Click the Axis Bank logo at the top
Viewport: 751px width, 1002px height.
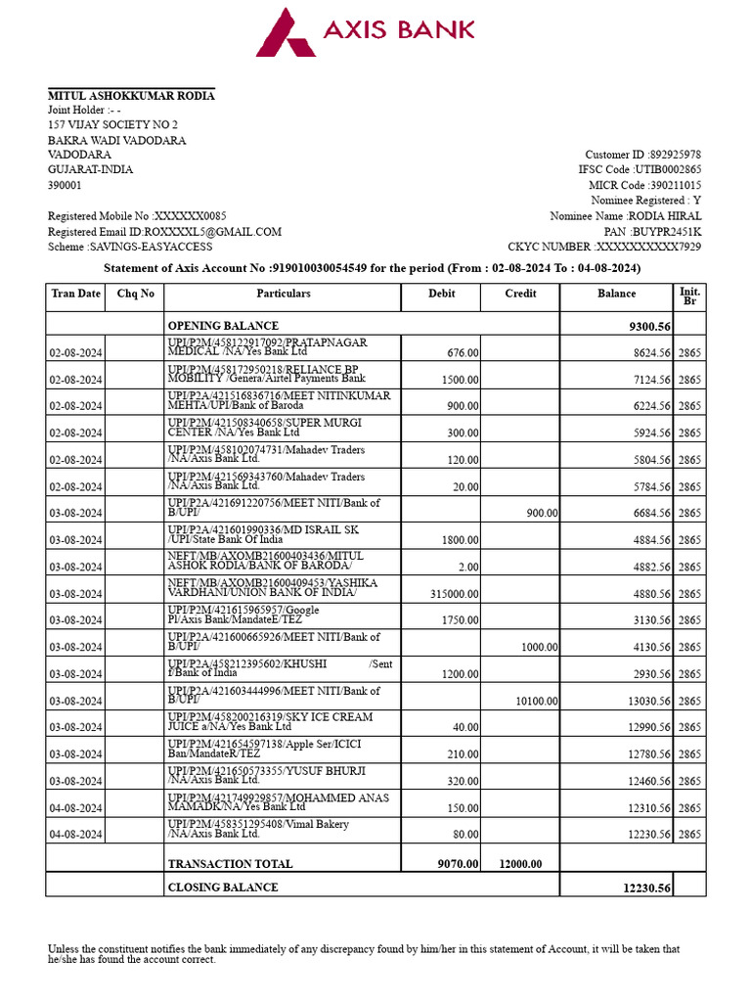[366, 31]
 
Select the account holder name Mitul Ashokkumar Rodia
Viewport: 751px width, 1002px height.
[131, 95]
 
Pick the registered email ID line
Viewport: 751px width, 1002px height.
[164, 232]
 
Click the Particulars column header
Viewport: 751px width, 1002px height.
[283, 294]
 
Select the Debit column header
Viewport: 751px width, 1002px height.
[441, 294]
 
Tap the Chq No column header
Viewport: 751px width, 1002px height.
[135, 294]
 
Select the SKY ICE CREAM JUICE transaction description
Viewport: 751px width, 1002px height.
[270, 722]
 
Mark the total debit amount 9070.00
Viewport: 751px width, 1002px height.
[458, 864]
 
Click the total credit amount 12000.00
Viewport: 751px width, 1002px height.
[520, 864]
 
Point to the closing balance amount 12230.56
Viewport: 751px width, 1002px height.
[646, 888]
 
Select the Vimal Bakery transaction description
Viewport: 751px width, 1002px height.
[258, 830]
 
